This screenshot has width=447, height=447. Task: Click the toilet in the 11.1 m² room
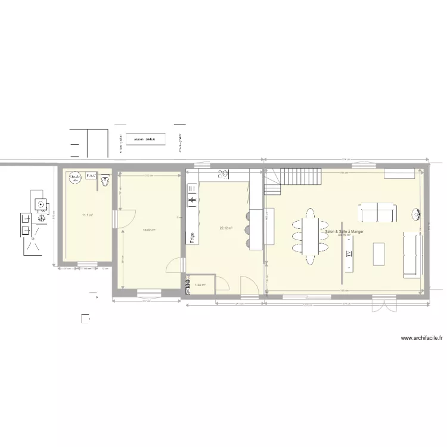105,179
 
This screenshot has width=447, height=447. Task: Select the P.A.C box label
91,176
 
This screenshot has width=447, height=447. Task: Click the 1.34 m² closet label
200,285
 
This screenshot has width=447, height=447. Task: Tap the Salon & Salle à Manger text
345,231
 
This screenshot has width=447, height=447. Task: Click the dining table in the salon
309,235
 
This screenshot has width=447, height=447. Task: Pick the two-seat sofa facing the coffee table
377,212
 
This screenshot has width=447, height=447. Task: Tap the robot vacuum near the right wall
417,213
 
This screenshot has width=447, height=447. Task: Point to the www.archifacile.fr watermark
422,337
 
